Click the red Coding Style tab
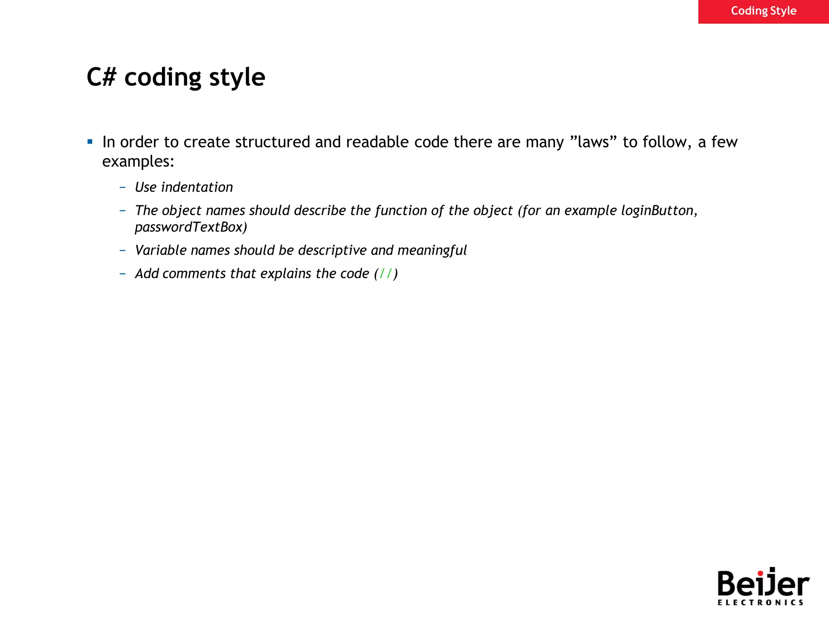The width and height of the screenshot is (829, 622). click(763, 11)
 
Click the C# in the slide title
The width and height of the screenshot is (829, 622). click(101, 77)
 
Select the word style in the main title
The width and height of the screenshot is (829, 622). click(237, 78)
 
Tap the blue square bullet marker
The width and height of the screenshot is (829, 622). click(90, 142)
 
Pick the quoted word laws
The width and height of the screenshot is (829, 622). click(593, 142)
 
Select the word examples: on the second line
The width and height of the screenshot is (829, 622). click(138, 162)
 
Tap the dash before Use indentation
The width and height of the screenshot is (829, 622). click(123, 187)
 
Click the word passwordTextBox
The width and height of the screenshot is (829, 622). click(191, 227)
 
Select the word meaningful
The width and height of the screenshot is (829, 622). click(432, 251)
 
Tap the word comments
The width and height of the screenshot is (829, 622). click(194, 274)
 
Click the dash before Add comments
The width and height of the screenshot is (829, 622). click(123, 274)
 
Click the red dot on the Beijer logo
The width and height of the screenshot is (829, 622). click(760, 573)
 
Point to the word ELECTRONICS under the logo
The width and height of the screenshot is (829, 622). click(760, 603)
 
